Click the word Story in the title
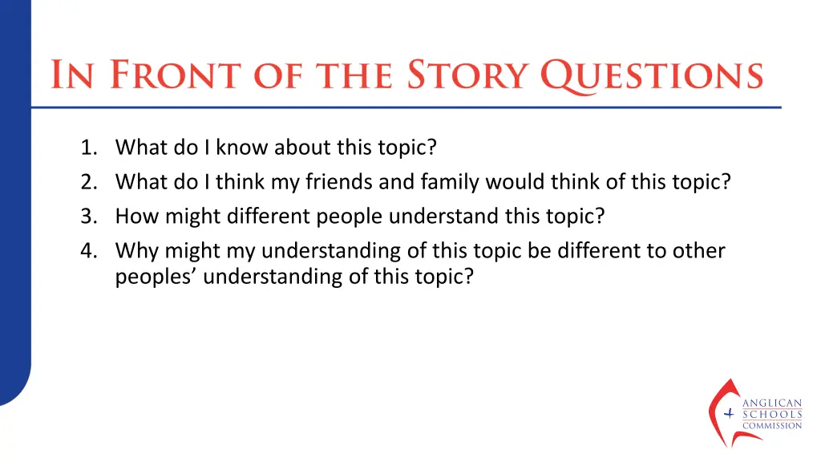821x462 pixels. pos(469,75)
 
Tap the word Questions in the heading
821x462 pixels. pos(652,75)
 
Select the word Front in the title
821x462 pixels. pos(173,75)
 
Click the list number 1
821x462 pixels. pos(87,148)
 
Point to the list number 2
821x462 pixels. pos(87,182)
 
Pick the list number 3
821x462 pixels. pos(87,217)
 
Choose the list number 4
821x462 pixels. pos(87,251)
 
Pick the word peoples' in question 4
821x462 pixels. pos(156,278)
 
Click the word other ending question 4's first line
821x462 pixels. pos(700,251)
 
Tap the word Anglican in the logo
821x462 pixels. pos(771,404)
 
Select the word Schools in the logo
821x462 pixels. pos(771,415)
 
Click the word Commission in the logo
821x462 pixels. pos(771,425)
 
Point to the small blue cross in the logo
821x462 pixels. pos(729,414)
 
